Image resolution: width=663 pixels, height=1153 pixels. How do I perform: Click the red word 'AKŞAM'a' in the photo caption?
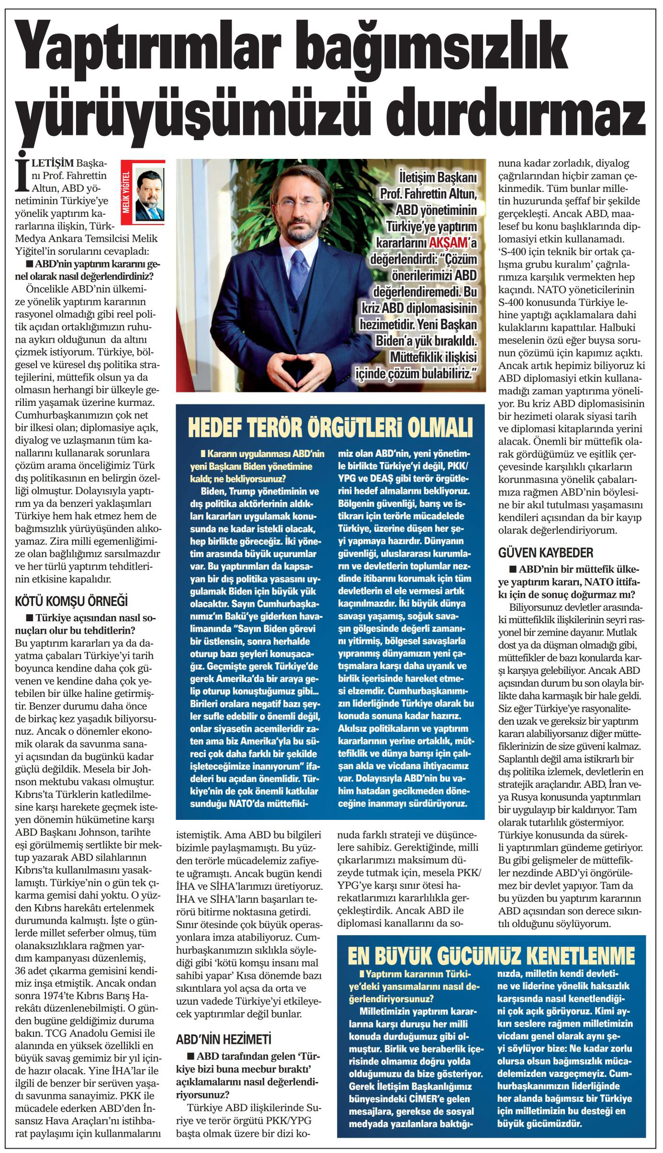coord(452,243)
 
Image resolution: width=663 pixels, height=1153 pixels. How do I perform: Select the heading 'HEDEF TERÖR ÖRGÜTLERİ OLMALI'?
coord(330,428)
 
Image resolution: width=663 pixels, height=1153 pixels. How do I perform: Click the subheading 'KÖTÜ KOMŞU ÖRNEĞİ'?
coord(71,601)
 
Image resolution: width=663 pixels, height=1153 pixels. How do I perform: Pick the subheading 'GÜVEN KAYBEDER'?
coord(545,553)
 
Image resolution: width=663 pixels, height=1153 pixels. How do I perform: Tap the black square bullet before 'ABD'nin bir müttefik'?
coord(513,569)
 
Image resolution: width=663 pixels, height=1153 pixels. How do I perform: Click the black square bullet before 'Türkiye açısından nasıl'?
coord(30,618)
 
